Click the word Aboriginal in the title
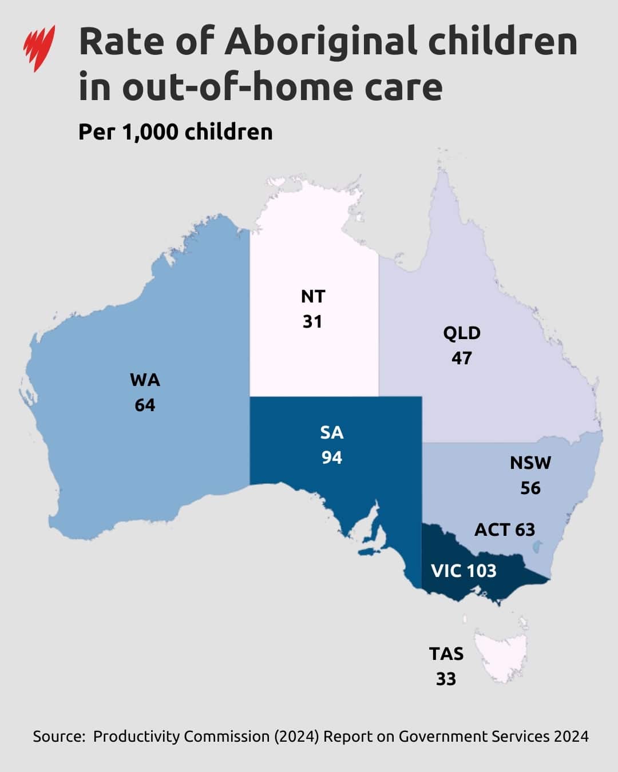320,42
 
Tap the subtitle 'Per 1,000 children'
175,132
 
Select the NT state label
312,296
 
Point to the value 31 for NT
312,321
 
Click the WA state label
145,380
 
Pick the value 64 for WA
145,405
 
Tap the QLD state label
462,333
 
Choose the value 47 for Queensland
462,358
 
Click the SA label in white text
332,432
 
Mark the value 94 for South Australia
332,457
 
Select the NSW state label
530,463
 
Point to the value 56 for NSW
530,488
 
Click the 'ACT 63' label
504,530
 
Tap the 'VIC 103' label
463,571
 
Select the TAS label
446,654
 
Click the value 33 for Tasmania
446,679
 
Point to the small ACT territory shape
537,548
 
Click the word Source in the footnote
58,736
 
